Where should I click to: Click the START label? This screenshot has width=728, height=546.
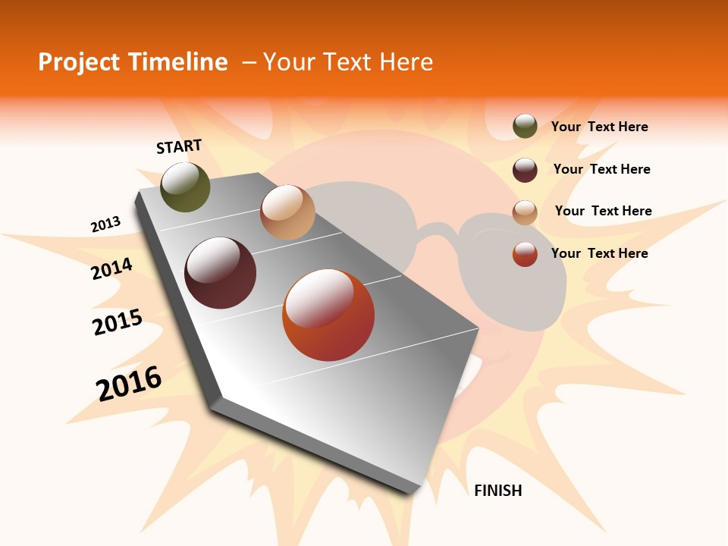pos(179,146)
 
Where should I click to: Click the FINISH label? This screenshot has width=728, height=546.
pos(497,491)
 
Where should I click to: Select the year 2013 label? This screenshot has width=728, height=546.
pos(105,224)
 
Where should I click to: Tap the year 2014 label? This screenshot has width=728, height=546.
pos(111,269)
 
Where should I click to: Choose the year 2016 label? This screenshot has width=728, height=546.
pos(129,383)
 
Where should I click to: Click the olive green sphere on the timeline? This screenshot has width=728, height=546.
pos(185,187)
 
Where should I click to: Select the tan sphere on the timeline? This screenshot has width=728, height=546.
pos(287,212)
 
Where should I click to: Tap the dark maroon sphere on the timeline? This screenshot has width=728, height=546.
pos(220,273)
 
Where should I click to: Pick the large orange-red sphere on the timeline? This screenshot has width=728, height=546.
pos(328,315)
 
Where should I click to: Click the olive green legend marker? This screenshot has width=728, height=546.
pos(525,127)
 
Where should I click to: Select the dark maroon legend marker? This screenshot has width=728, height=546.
pos(525,170)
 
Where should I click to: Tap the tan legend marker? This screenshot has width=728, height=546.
pos(525,212)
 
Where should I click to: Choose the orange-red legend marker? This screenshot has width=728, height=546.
pos(525,254)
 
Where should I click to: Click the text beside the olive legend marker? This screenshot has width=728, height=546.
pos(599,127)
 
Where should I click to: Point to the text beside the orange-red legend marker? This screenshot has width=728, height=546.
pos(599,253)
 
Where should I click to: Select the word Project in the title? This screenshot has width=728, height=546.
pos(79,62)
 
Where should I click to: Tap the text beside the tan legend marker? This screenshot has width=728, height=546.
pos(603,211)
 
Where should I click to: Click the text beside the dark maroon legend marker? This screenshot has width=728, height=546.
pos(601,169)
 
